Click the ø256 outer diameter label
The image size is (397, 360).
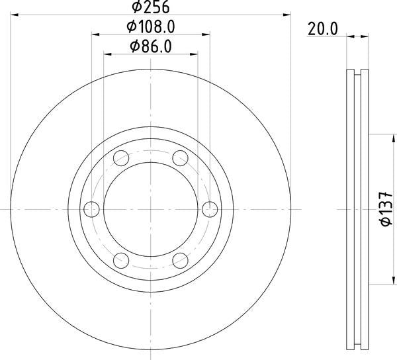tap(151, 7)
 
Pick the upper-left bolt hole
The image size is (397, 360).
tap(121, 158)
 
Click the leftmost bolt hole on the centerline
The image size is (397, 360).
tap(91, 209)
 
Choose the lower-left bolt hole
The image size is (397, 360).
tap(121, 260)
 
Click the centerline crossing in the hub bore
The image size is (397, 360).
tap(151, 209)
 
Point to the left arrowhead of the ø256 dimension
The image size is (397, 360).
tap(14, 13)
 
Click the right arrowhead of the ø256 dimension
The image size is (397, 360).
tap(288, 13)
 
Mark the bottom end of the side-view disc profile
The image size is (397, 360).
tap(358, 348)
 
